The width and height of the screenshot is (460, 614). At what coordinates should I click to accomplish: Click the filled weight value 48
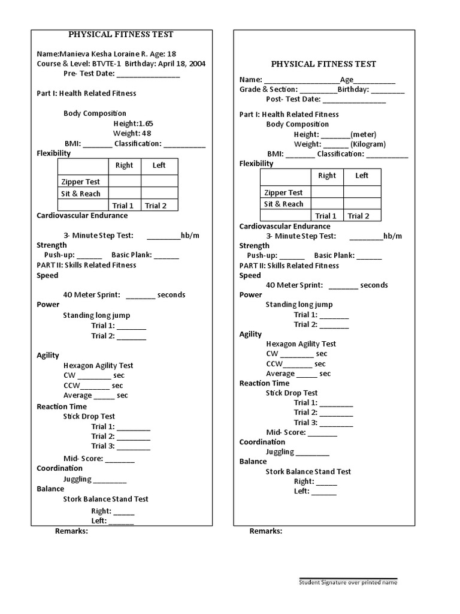coord(146,133)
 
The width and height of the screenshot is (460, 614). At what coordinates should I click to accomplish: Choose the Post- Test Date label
coord(293,99)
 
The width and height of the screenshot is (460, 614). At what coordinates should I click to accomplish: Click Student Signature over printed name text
coord(348,582)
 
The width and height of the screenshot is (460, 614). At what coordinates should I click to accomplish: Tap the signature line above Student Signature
coord(348,577)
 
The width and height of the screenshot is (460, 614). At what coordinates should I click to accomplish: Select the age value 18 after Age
coord(172,53)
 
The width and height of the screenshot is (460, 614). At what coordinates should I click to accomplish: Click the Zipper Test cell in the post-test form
coord(283,192)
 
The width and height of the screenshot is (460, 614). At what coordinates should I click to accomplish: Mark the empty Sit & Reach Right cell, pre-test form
coord(125,193)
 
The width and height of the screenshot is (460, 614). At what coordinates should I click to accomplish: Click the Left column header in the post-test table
coord(362,176)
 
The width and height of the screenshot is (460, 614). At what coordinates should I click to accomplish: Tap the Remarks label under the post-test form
coord(266,531)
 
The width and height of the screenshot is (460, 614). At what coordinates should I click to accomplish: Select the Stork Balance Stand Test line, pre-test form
coord(105,499)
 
